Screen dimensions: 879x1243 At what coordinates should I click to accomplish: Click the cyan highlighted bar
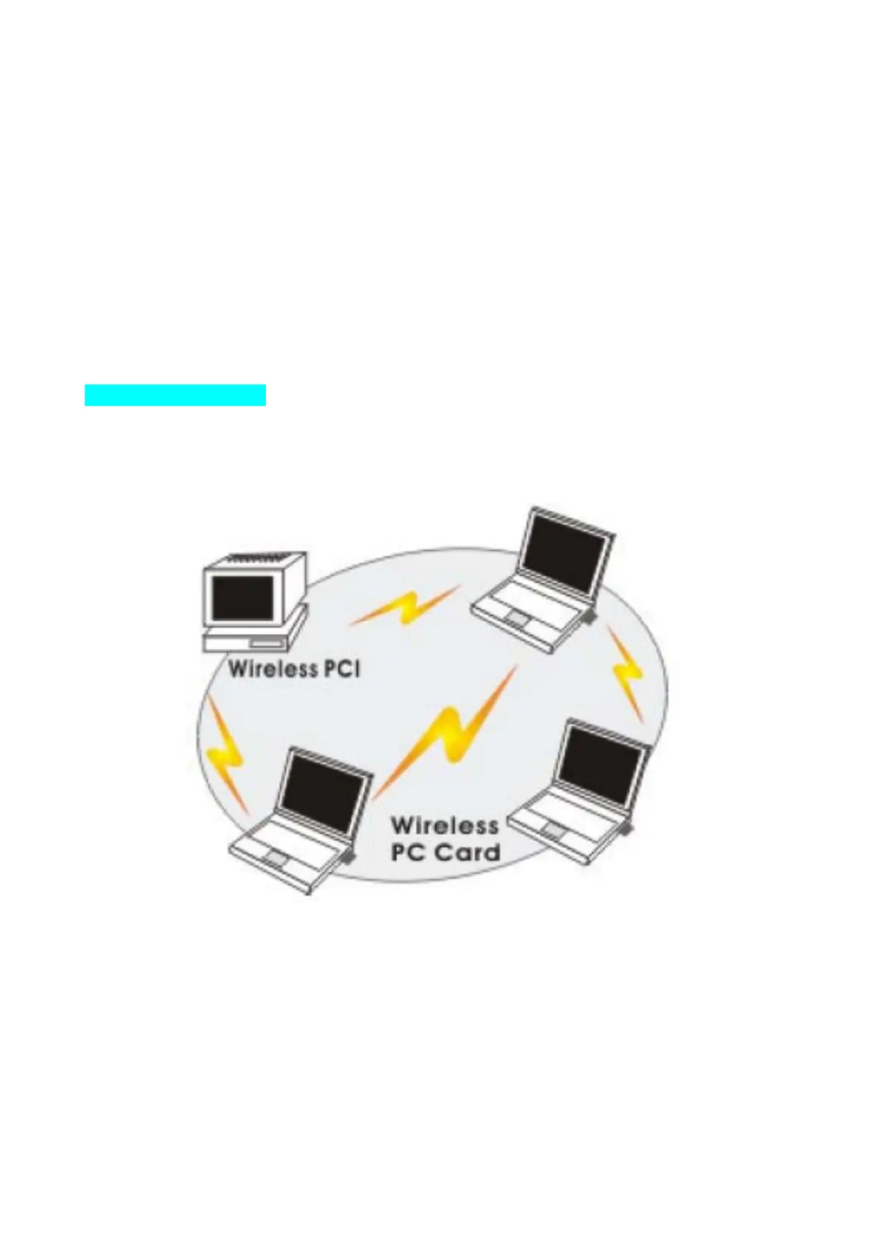coord(175,395)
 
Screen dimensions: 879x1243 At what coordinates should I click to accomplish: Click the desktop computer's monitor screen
coord(242,596)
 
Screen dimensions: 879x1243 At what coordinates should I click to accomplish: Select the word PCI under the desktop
coord(342,669)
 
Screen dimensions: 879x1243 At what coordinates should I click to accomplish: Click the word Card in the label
coord(467,853)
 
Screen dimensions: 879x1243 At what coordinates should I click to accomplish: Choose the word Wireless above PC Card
coord(444,824)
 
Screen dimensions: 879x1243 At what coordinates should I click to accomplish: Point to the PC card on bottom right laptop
coord(626,830)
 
